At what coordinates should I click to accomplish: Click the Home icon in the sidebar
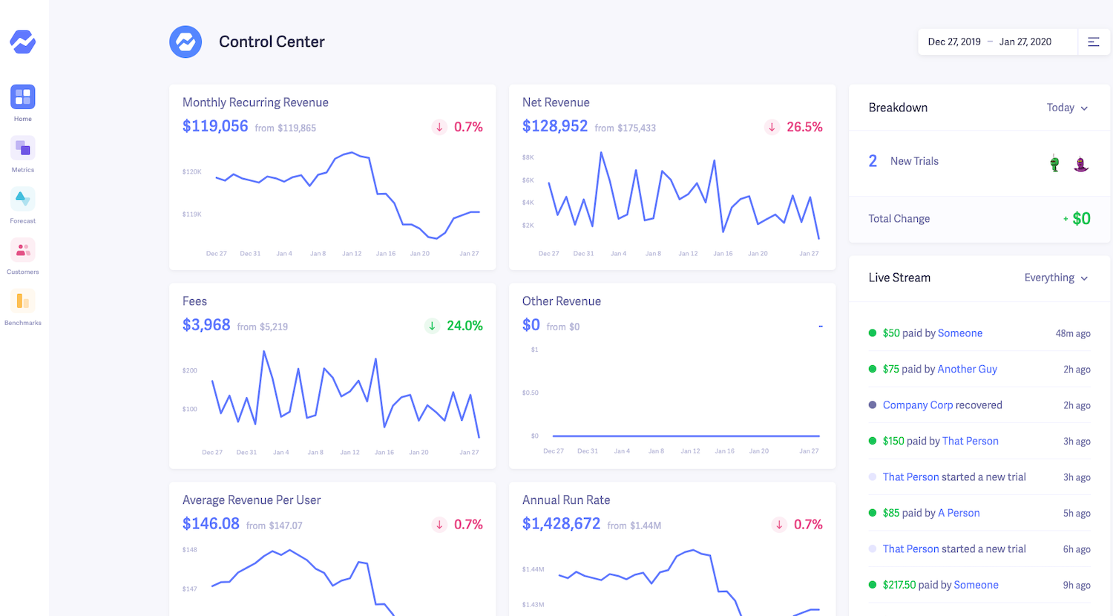(23, 96)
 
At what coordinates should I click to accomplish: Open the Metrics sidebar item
(23, 148)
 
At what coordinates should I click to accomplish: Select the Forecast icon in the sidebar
(23, 199)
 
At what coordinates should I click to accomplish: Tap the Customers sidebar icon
(23, 250)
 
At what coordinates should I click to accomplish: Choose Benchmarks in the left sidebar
(23, 301)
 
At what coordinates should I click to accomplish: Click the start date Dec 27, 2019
(954, 42)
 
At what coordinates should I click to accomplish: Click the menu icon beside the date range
(1094, 42)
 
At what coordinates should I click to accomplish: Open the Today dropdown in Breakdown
(1067, 108)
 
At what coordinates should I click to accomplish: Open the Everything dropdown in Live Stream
(1056, 278)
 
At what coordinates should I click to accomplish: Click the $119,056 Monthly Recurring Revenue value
(215, 126)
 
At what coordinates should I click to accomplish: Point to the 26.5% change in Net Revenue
(804, 127)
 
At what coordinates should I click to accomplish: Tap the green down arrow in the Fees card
(432, 326)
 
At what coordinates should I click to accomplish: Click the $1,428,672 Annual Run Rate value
(561, 524)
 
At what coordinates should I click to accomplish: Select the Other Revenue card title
(561, 301)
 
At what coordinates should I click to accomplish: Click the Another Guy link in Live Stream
(967, 369)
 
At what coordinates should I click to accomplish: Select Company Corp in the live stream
(917, 405)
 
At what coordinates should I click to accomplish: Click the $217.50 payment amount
(899, 585)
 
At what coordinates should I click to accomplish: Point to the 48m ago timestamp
(1073, 333)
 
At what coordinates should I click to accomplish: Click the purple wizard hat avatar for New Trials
(1081, 163)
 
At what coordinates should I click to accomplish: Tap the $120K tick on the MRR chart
(191, 171)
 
